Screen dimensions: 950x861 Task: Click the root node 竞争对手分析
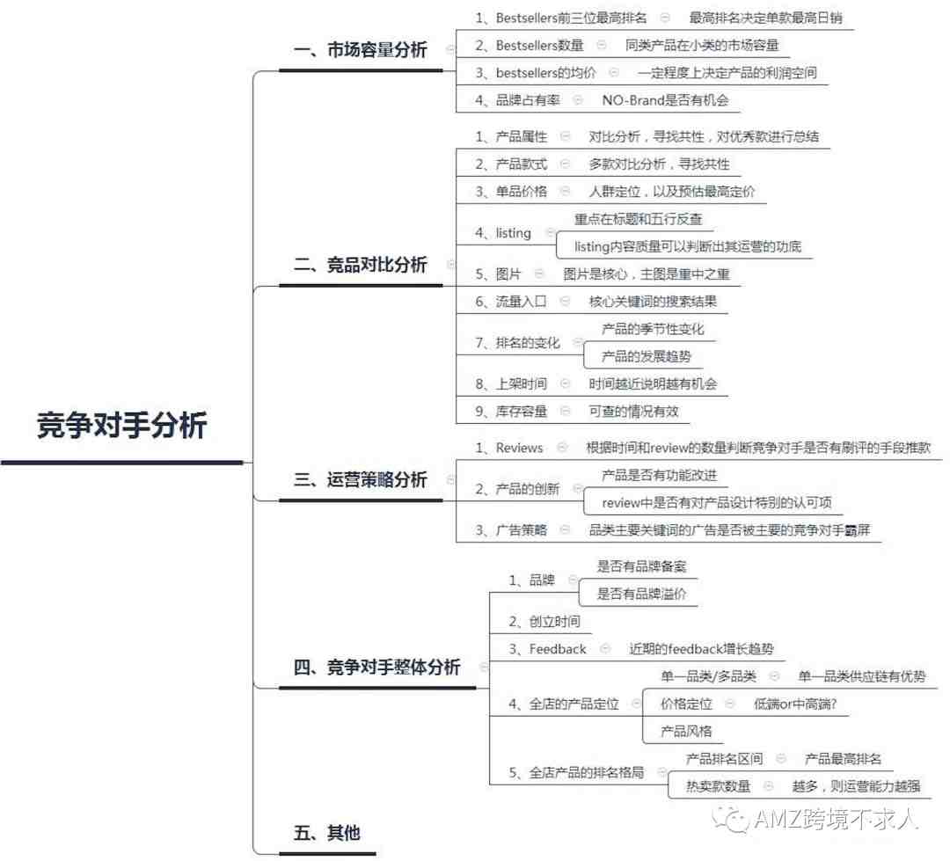coord(121,424)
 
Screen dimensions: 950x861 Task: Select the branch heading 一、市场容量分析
coord(361,49)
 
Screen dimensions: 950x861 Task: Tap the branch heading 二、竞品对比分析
coord(361,264)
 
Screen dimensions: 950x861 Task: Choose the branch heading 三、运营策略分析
coord(361,479)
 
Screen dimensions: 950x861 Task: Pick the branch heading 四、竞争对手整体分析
coord(376,667)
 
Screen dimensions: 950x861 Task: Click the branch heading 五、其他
coord(326,833)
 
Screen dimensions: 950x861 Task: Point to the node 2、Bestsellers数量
coord(529,46)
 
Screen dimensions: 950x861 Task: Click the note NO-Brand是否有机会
coord(665,100)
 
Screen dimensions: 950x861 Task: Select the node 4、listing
coord(503,233)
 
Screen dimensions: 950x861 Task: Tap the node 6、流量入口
coord(511,301)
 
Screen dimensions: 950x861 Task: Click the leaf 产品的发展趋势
coord(646,356)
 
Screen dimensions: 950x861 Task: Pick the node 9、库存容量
coord(511,412)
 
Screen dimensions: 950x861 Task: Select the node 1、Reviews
coord(509,448)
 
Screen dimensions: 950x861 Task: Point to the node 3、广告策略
coord(511,530)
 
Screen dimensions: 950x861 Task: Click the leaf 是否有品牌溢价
coord(641,594)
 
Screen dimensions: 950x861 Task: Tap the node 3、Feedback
coord(548,649)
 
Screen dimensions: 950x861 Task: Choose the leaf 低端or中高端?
coord(795,704)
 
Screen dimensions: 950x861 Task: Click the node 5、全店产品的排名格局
coord(576,772)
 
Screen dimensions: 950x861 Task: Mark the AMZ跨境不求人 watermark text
coord(837,819)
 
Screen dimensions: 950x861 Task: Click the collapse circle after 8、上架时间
coord(565,383)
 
